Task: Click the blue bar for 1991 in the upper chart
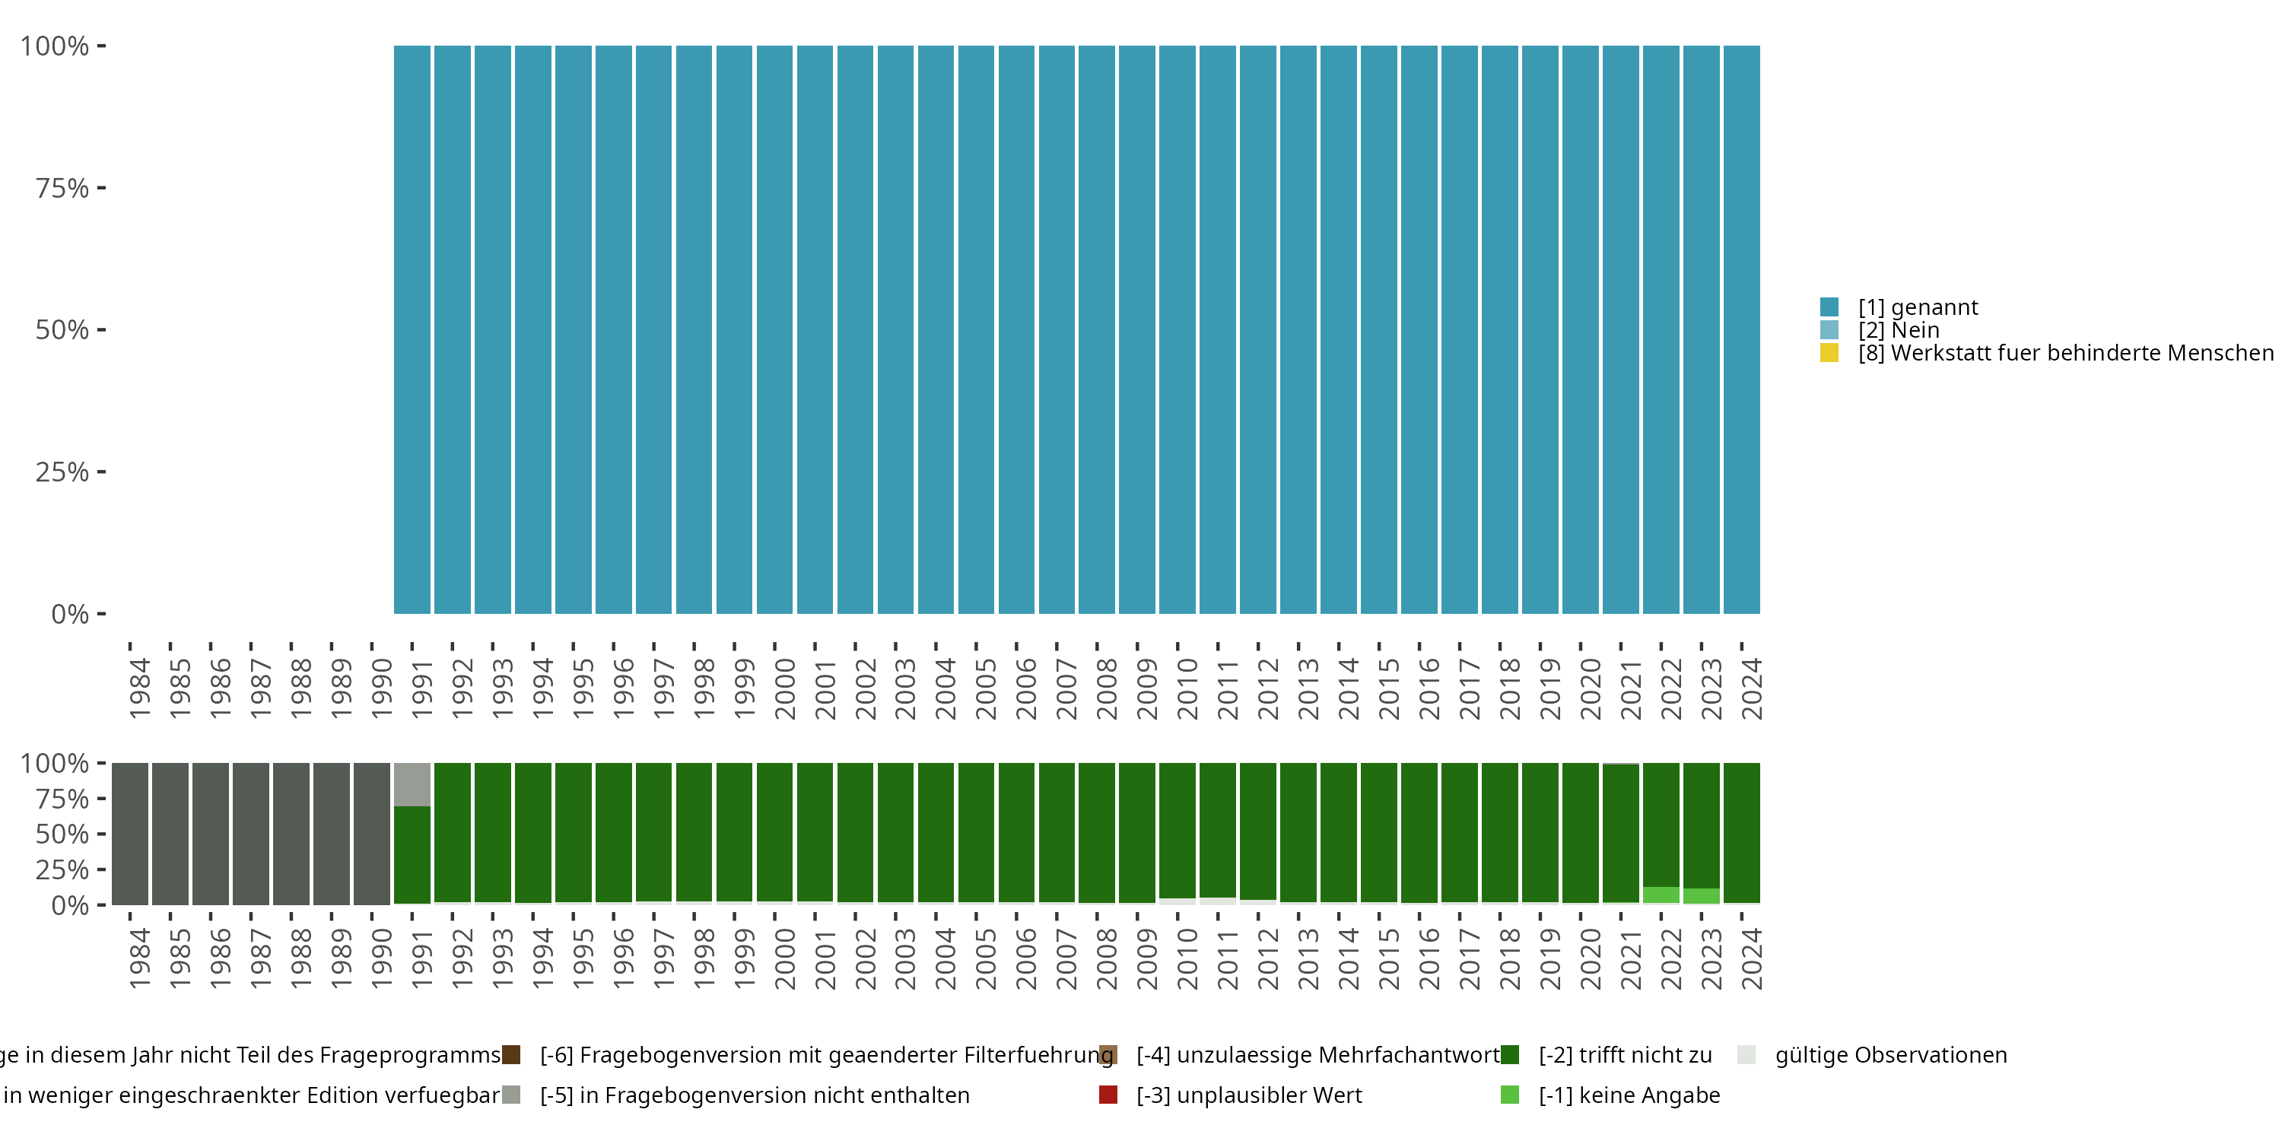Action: [412, 329]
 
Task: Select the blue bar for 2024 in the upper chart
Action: [1742, 329]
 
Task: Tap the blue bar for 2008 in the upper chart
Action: [1097, 329]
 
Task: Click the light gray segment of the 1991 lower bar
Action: [412, 784]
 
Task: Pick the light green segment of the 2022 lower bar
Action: [1661, 895]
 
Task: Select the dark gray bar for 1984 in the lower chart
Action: [130, 834]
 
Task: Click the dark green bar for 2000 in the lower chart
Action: [774, 832]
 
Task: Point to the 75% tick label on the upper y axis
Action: [62, 188]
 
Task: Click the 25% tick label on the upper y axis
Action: [62, 472]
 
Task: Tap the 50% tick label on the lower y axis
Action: [62, 834]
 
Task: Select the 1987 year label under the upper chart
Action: [260, 688]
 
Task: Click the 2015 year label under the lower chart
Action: [1388, 959]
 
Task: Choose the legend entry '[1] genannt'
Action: [1918, 307]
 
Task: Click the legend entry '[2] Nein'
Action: [1899, 330]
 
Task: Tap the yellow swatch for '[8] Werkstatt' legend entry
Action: [1829, 353]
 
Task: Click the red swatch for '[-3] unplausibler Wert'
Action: [1108, 1095]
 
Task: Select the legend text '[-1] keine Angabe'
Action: [1629, 1095]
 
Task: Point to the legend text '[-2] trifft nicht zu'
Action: [1625, 1055]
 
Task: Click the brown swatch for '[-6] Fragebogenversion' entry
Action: [511, 1055]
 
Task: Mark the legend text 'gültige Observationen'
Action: [1890, 1055]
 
